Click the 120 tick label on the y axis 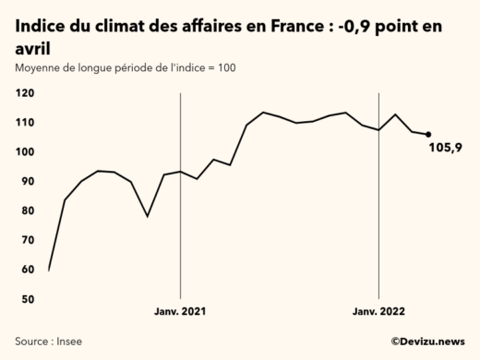coord(25,93)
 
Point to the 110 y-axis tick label coord(25,123)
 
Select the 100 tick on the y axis coord(25,152)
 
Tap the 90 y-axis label coord(27,182)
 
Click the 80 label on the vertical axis coord(27,211)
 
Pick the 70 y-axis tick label coord(27,240)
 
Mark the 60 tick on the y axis coord(27,270)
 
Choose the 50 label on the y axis coord(27,299)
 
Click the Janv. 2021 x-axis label coord(180,313)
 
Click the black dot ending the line coord(428,135)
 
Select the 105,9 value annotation coord(446,148)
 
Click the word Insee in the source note coord(68,342)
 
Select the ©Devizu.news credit coord(426,342)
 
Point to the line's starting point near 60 coord(48,270)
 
